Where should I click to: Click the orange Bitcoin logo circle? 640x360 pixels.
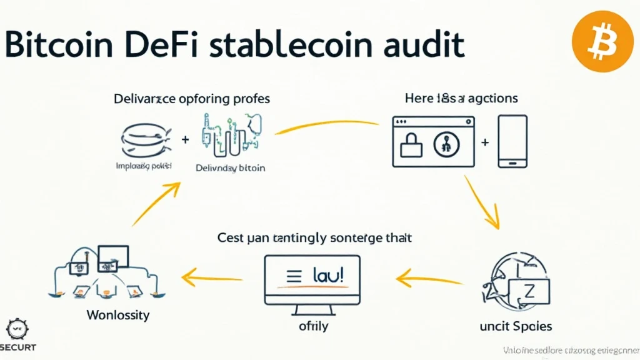[602, 42]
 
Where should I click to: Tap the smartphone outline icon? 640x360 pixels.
[512, 141]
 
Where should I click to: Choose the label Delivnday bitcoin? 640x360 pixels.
[230, 168]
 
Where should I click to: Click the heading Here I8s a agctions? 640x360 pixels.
[461, 99]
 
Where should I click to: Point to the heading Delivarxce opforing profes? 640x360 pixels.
[191, 99]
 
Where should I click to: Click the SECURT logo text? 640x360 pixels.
[18, 347]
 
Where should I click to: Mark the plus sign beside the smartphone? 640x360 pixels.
[485, 142]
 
